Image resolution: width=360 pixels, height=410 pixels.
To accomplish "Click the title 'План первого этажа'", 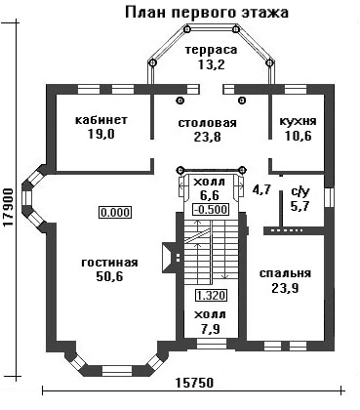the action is pos(207,13).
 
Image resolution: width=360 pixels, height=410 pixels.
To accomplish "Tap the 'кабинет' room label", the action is pos(101,120).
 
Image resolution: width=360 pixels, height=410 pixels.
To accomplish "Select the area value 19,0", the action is pos(101,134).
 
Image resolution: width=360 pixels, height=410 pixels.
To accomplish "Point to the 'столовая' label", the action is pos(208,123).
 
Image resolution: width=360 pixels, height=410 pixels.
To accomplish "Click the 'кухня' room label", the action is pos(298,121).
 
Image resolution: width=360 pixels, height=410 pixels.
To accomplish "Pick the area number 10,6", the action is pos(298,136).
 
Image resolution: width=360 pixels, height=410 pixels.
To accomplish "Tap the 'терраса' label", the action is pos(211,50).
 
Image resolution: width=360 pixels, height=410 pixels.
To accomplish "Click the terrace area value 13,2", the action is pos(211,64).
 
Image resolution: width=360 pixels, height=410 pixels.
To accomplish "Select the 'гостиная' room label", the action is pos(109,263).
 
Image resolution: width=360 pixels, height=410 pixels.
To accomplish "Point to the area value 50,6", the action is pos(109,276).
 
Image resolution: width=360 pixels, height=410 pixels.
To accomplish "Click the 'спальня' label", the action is pos(285,273).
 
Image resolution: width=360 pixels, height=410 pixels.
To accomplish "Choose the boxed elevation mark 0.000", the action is pos(115,213).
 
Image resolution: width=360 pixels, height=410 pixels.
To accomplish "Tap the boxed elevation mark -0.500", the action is pos(211,209).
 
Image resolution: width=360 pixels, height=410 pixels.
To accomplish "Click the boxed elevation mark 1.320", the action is pos(211,296).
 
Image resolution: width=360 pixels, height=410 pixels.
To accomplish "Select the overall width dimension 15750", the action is pos(194,383).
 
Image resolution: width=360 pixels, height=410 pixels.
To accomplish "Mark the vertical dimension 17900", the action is pos(9,207).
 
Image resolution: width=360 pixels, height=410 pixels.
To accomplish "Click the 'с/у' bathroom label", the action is pos(299,192).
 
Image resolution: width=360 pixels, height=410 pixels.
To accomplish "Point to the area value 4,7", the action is pos(261,189).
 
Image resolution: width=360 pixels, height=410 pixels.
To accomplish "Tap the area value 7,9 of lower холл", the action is pos(211,329).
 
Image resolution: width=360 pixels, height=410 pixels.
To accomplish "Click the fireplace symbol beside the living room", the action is pos(170,257).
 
